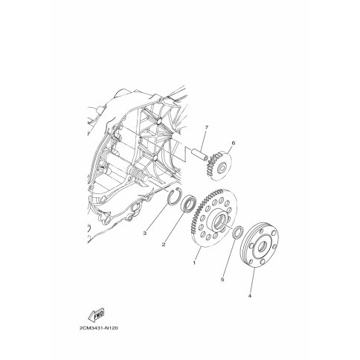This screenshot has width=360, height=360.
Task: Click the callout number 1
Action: pos(194,263)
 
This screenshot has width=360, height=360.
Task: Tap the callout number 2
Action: pos(164,245)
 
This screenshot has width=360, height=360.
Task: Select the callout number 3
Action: pos(145,233)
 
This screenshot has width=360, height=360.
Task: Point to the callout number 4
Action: pos(250,296)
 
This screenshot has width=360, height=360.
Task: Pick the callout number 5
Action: pos(222,280)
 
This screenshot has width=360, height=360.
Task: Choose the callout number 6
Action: pos(233,143)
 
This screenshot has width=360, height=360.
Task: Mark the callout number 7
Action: pos(206,127)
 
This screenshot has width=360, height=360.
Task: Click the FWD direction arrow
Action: pos(96,315)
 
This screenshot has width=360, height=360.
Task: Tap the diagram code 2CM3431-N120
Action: pos(99,328)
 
